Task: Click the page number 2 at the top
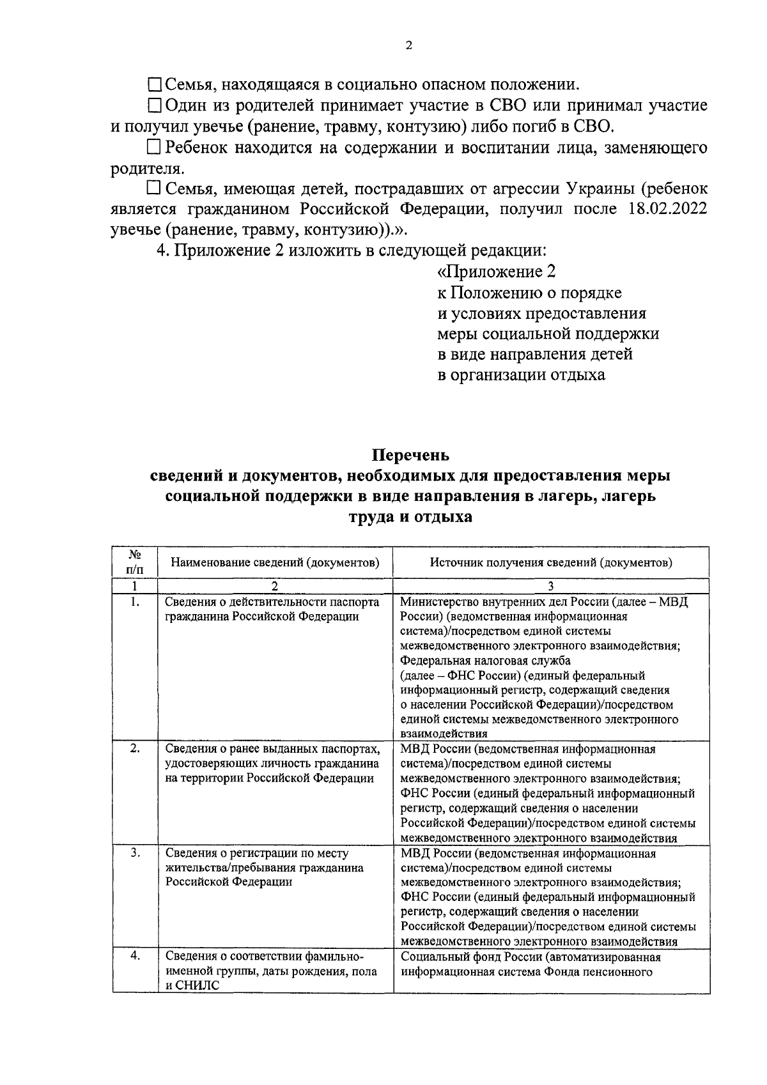point(409,45)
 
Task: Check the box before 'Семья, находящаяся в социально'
point(155,84)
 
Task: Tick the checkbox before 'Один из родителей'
point(155,105)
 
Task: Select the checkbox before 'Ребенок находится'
point(153,148)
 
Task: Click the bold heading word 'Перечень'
point(411,455)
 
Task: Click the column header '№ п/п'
point(134,562)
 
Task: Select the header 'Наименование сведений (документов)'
point(275,562)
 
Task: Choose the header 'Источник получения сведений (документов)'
point(551,562)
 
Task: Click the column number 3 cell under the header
point(551,585)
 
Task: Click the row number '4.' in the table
point(134,956)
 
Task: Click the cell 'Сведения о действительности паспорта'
point(272,602)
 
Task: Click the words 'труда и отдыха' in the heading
point(410,516)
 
